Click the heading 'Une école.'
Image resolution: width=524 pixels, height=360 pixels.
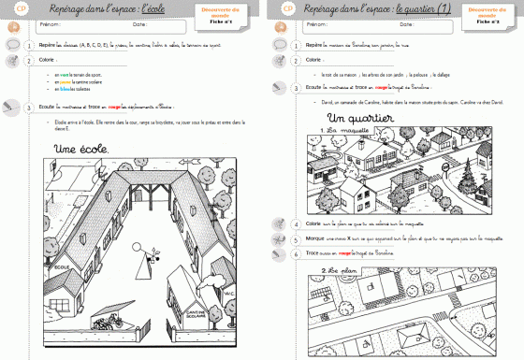82,149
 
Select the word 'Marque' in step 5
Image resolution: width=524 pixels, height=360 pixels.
318,238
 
